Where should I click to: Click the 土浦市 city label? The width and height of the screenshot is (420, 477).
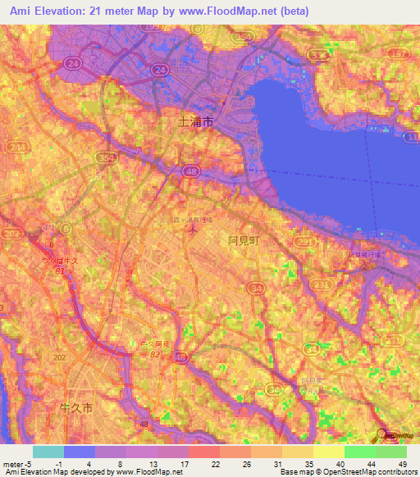(196, 121)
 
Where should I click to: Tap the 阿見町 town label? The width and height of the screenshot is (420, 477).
(243, 241)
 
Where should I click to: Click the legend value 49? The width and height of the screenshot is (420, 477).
(401, 463)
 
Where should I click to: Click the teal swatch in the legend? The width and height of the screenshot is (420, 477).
(48, 452)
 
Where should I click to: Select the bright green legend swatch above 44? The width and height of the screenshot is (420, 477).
(359, 452)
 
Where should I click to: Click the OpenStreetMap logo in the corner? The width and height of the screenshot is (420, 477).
(399, 434)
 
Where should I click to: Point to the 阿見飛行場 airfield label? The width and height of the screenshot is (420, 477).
(366, 255)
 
